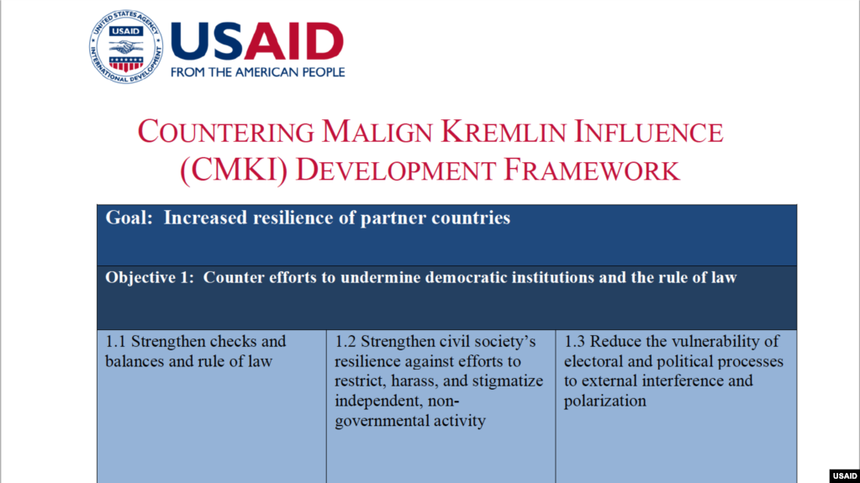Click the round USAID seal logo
(x=126, y=46)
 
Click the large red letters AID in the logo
(x=294, y=41)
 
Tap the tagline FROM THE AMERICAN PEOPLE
(x=258, y=71)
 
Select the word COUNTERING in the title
(x=226, y=133)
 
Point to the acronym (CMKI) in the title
(x=234, y=170)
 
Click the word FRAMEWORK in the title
(x=591, y=170)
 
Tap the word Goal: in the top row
(x=129, y=218)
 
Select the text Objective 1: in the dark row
(x=150, y=278)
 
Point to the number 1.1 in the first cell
(x=116, y=342)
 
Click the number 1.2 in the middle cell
(x=345, y=342)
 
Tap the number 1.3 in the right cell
(x=574, y=342)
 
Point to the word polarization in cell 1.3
(x=605, y=402)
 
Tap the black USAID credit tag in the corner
(x=845, y=476)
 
